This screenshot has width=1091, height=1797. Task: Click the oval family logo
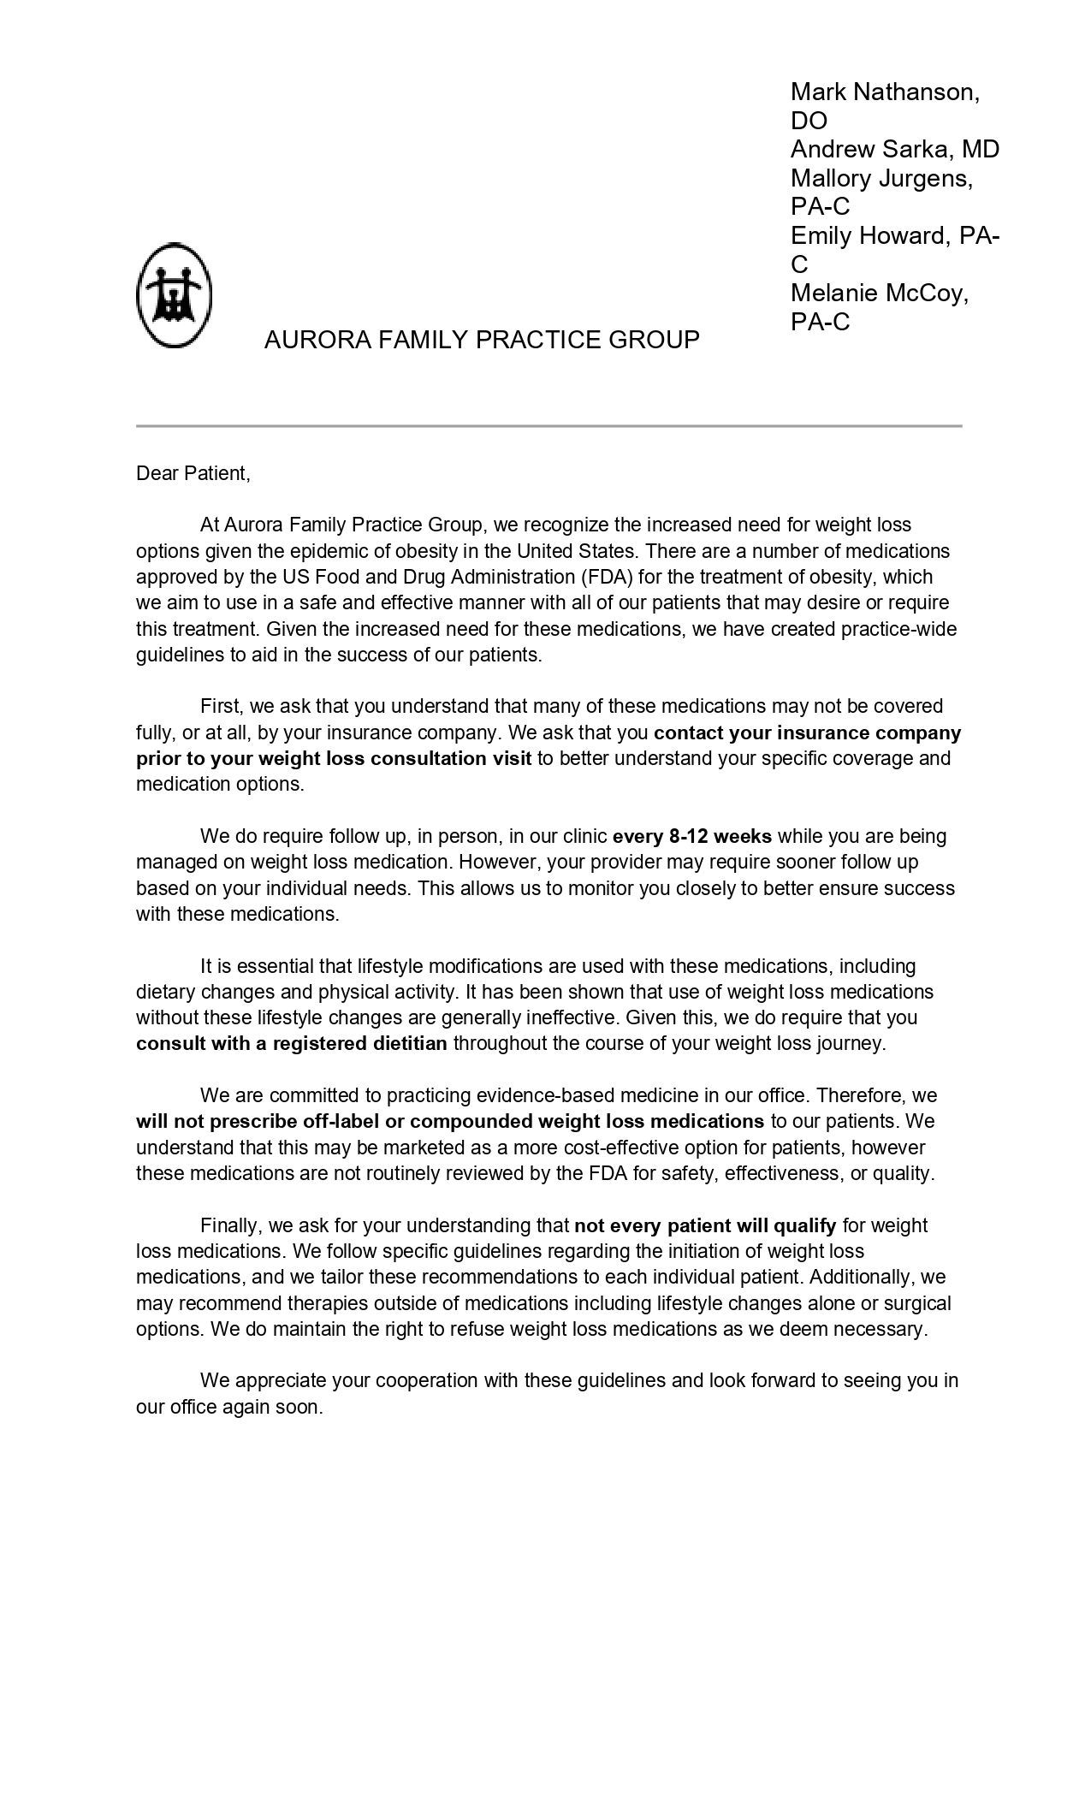pyautogui.click(x=175, y=294)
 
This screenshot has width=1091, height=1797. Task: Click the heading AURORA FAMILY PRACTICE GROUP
pyautogui.click(x=482, y=340)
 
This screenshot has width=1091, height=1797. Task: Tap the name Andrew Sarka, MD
pyautogui.click(x=894, y=149)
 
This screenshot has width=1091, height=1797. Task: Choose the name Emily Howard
pyautogui.click(x=868, y=235)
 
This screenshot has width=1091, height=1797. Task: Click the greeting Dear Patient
pyautogui.click(x=193, y=473)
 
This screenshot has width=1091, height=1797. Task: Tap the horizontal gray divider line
pyautogui.click(x=548, y=425)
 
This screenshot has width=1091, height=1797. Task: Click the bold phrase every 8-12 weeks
pyautogui.click(x=692, y=836)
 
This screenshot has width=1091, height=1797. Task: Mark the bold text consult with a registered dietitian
pyautogui.click(x=292, y=1043)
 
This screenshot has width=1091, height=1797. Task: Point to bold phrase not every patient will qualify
pyautogui.click(x=705, y=1225)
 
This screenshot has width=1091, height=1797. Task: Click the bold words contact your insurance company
pyautogui.click(x=807, y=732)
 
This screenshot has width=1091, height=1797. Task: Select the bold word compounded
pyautogui.click(x=471, y=1121)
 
